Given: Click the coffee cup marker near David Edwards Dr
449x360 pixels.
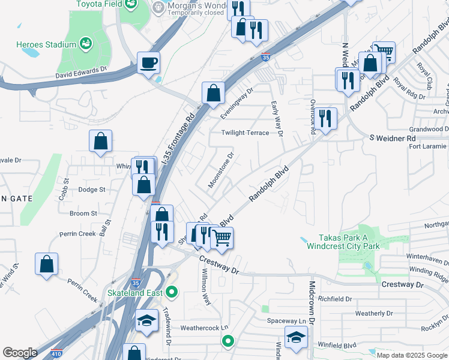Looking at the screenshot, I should coord(148,62).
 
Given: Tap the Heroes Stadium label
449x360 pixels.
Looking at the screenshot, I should coord(46,44).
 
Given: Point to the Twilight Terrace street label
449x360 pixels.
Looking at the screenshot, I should coord(245,133).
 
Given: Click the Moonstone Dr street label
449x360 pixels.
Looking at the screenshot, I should coord(220,170).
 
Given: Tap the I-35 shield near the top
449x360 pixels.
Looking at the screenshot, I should coord(265,58).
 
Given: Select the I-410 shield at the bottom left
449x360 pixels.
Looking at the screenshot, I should coord(56,354).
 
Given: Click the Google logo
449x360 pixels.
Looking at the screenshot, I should coord(20,353).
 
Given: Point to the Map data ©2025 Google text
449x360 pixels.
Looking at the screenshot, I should coord(411,355).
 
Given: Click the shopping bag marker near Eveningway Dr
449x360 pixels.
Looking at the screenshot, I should coord(213,93).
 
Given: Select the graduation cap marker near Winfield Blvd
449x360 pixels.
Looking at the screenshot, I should coord(295,337).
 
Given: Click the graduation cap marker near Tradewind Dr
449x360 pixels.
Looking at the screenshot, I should coord(146,320).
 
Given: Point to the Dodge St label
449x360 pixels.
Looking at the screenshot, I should coord(92,190).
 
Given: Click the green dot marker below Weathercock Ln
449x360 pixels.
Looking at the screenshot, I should coord(228,342).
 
